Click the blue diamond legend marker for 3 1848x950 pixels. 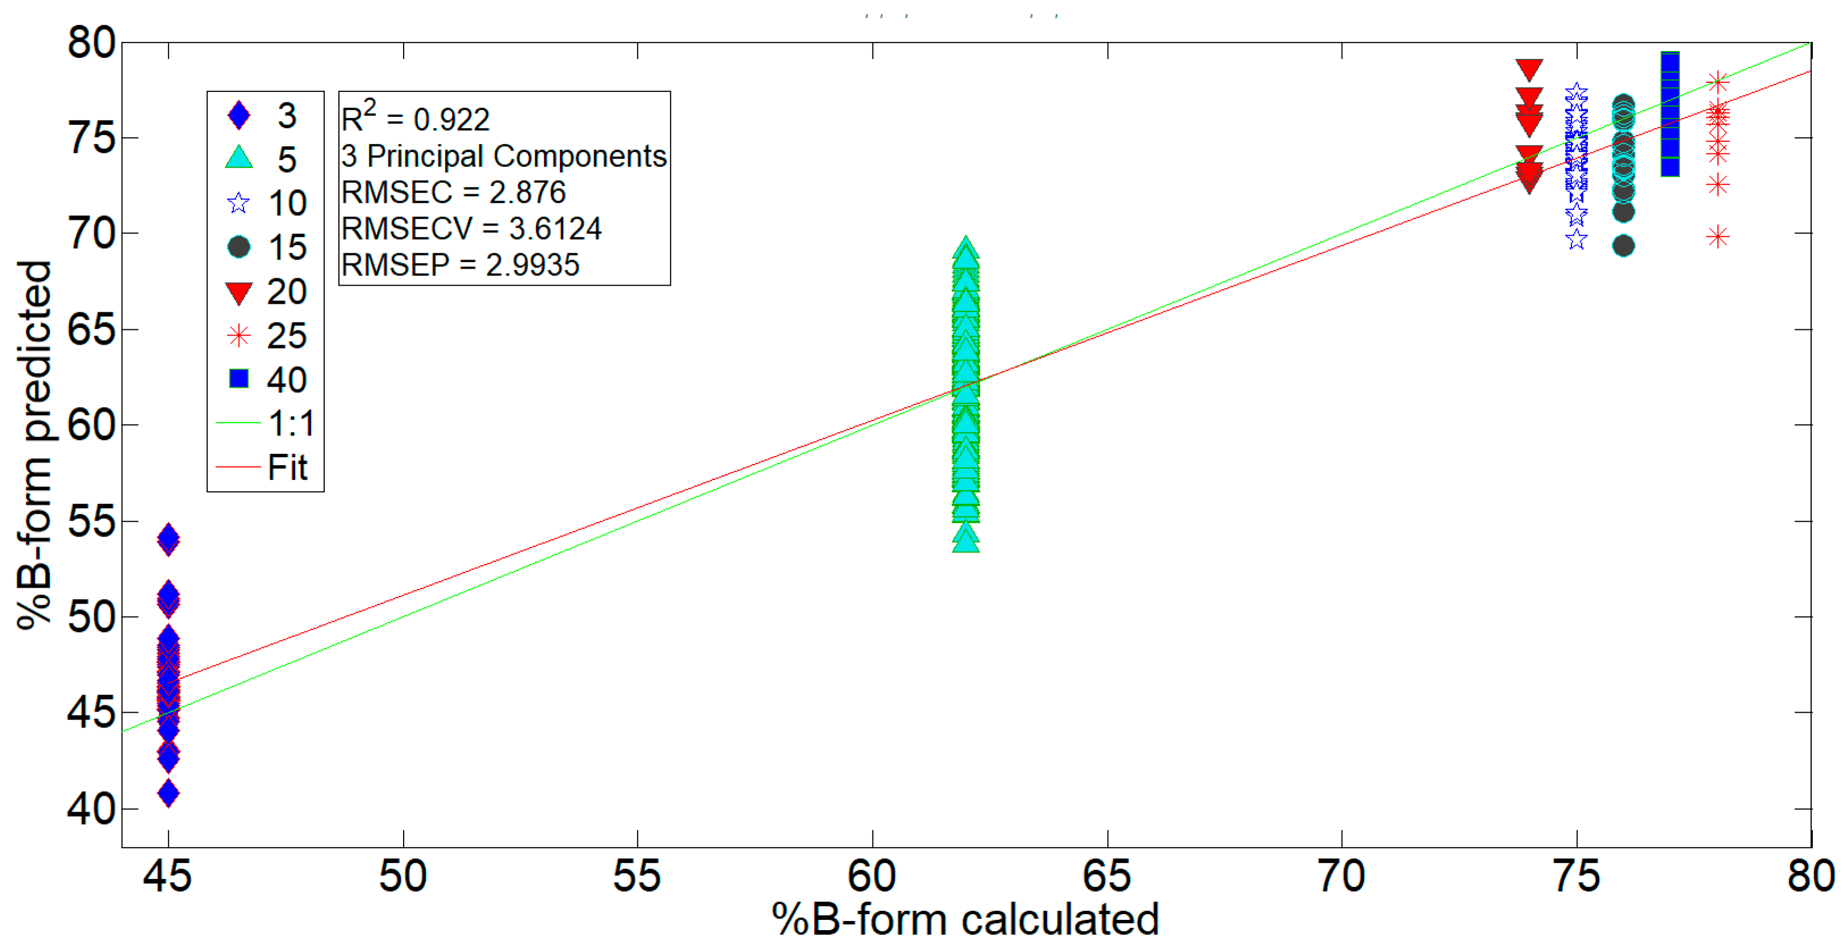pyautogui.click(x=239, y=115)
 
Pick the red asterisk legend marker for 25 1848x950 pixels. pyautogui.click(x=239, y=335)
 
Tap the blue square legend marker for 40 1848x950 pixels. pyautogui.click(x=239, y=378)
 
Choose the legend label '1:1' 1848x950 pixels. pyautogui.click(x=291, y=424)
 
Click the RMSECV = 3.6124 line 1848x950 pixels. pyautogui.click(x=471, y=229)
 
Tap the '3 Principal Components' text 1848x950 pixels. pyautogui.click(x=504, y=156)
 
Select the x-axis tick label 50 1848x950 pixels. pyautogui.click(x=403, y=876)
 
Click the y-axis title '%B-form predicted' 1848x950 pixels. pyautogui.click(x=35, y=445)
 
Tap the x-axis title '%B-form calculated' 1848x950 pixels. pyautogui.click(x=965, y=919)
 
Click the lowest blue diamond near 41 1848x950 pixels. pyautogui.click(x=169, y=794)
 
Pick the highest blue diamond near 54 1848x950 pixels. pyautogui.click(x=169, y=538)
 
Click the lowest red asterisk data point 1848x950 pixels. pyautogui.click(x=1717, y=237)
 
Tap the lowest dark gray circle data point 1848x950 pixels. pyautogui.click(x=1623, y=246)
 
